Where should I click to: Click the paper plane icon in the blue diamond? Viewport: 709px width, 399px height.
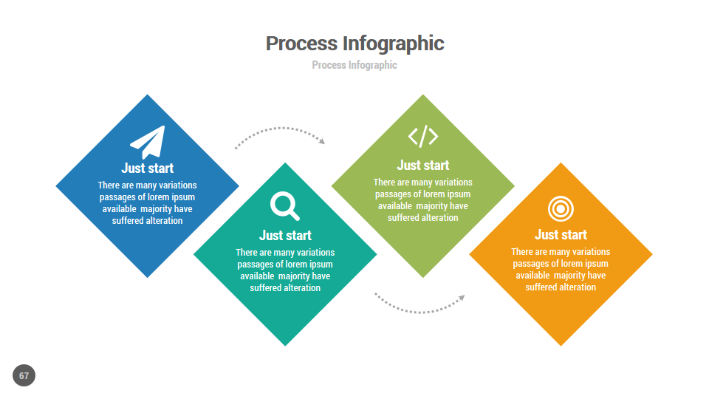148,141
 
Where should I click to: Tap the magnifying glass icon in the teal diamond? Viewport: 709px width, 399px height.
284,205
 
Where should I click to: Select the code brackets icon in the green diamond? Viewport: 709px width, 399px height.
423,136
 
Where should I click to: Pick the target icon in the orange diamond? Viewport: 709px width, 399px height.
561,208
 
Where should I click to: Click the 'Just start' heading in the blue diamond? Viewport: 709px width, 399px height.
148,168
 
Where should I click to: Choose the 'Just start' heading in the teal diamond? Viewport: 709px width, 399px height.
285,235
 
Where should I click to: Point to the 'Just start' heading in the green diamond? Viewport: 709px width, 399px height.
423,165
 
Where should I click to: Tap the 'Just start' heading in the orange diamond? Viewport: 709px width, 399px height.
561,234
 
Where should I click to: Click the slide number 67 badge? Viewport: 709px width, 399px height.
24,375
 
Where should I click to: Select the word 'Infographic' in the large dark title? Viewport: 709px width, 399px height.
394,44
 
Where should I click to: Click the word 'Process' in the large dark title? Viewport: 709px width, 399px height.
301,44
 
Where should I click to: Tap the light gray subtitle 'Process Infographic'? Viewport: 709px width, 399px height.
354,65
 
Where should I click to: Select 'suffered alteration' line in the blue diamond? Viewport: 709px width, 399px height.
148,220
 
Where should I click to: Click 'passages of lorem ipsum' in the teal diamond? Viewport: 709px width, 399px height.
285,264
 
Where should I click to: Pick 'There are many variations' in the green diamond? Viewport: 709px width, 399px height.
423,182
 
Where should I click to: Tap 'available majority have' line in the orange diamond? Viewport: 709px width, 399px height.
561,275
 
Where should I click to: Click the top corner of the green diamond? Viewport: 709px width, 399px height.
423,97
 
